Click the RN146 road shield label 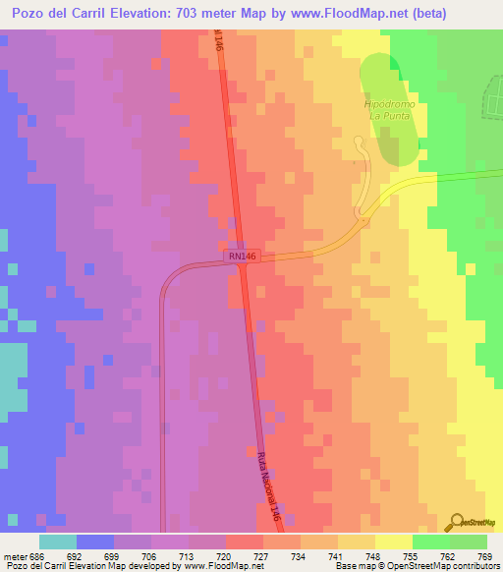coord(240,256)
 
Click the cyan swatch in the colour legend coord(58,542)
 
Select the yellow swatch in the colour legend coord(393,542)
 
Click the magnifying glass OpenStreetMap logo coord(458,524)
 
